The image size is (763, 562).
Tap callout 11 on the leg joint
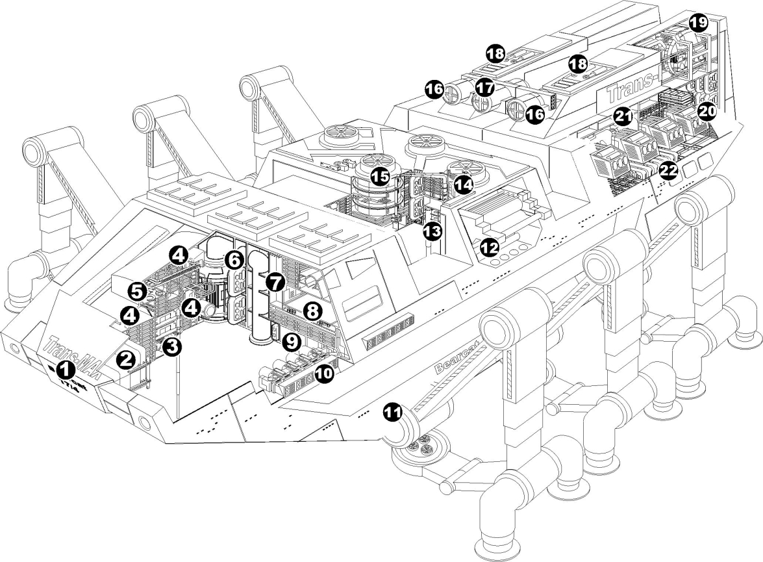392,413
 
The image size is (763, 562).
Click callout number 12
488,246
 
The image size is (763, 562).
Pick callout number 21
624,117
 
